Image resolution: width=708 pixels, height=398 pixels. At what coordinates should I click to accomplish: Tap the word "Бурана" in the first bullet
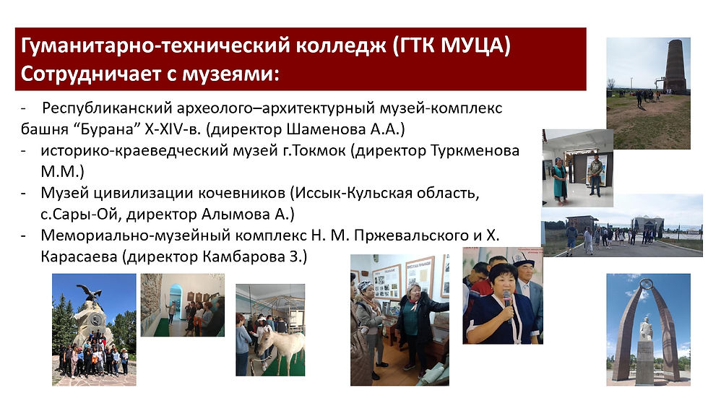tap(109, 129)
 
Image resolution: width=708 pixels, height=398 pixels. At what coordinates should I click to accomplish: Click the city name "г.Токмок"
tap(314, 150)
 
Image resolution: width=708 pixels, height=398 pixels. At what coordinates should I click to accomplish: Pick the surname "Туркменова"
tap(475, 150)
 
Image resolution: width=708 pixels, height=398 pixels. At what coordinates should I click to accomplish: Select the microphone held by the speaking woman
tap(507, 302)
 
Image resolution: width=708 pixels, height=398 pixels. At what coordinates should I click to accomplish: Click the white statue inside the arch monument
tap(647, 329)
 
